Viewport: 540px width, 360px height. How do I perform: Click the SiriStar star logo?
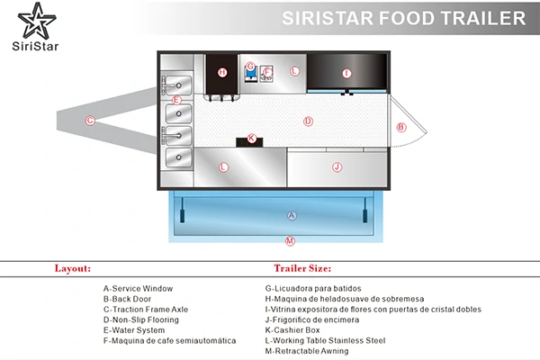(37, 21)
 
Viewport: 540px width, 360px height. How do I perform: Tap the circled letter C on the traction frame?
(90, 121)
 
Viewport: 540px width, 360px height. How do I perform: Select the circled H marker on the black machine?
(222, 72)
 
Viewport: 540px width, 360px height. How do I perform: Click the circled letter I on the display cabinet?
(346, 74)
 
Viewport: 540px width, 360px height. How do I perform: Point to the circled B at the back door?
(401, 128)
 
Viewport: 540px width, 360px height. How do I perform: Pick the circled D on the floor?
(308, 121)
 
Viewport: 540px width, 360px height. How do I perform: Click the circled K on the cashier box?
(252, 138)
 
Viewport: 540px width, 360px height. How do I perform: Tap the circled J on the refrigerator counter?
(337, 167)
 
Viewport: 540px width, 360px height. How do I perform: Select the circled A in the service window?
(292, 216)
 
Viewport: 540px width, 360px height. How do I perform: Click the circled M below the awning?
(290, 241)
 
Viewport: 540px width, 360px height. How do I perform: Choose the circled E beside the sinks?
(176, 100)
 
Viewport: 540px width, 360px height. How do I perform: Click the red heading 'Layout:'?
(73, 268)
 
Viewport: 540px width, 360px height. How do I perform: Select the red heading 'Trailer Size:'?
(302, 268)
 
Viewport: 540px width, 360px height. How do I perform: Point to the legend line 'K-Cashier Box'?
(292, 330)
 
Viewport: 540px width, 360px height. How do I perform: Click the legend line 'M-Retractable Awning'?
(307, 351)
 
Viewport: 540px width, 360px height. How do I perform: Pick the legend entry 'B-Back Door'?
(127, 299)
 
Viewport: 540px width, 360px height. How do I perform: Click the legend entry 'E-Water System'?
(134, 330)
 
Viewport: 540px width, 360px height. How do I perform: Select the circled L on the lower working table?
(223, 167)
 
